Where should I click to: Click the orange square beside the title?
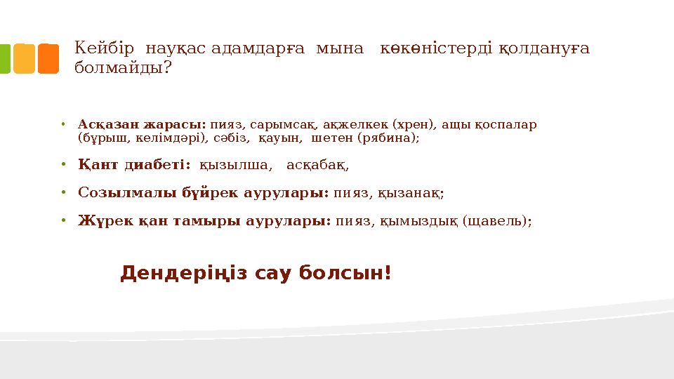click(x=48, y=59)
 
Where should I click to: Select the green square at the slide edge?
click(x=4, y=59)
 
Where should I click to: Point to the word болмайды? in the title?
click(x=123, y=69)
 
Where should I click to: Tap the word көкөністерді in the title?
click(x=437, y=48)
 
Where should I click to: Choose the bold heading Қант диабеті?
click(x=134, y=166)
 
